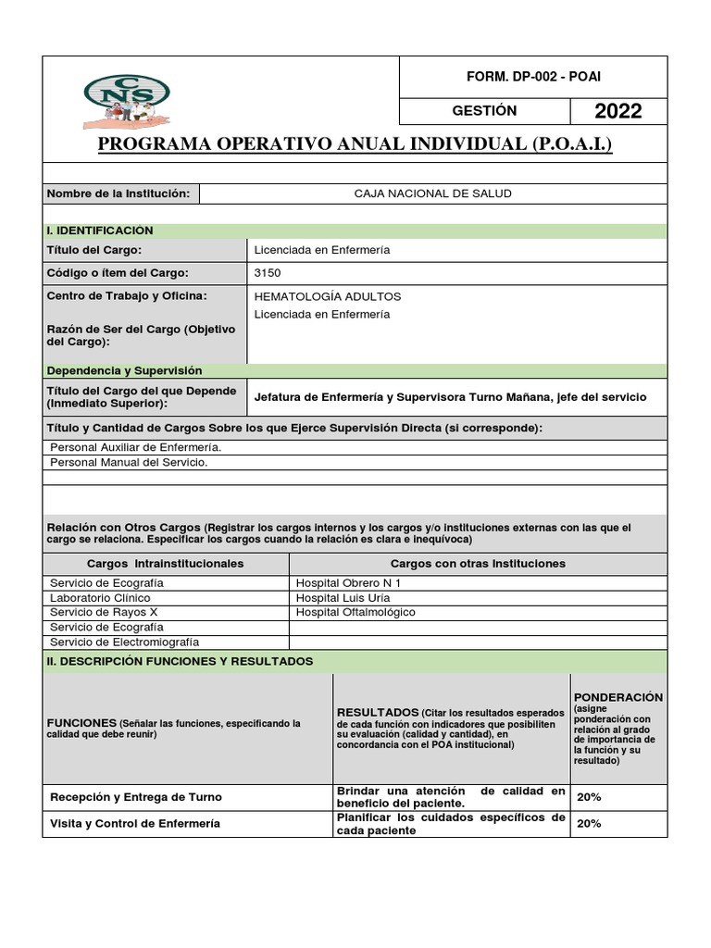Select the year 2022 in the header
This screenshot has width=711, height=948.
[x=617, y=112]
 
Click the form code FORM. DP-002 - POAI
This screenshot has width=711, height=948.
[x=532, y=77]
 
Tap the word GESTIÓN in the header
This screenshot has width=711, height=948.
[x=484, y=111]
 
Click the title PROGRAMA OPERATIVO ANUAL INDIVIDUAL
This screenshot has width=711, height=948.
[x=355, y=145]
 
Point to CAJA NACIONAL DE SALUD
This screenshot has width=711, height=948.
[x=432, y=193]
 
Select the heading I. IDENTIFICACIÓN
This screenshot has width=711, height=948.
[x=100, y=231]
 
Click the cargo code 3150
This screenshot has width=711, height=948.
[x=268, y=273]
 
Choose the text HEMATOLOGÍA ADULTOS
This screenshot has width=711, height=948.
[x=327, y=296]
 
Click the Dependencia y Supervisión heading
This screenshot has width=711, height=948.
[x=124, y=370]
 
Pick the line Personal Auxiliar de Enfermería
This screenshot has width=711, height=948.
[x=135, y=447]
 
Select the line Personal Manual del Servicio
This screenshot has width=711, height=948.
[x=129, y=461]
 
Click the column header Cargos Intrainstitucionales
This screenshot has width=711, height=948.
[x=166, y=563]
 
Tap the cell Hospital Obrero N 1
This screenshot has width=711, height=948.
[x=348, y=583]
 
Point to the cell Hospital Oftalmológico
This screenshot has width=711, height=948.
[x=355, y=612]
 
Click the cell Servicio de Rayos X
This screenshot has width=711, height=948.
[x=104, y=612]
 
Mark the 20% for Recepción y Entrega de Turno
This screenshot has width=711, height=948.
[x=589, y=797]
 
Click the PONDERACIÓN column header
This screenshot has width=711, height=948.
[x=618, y=696]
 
